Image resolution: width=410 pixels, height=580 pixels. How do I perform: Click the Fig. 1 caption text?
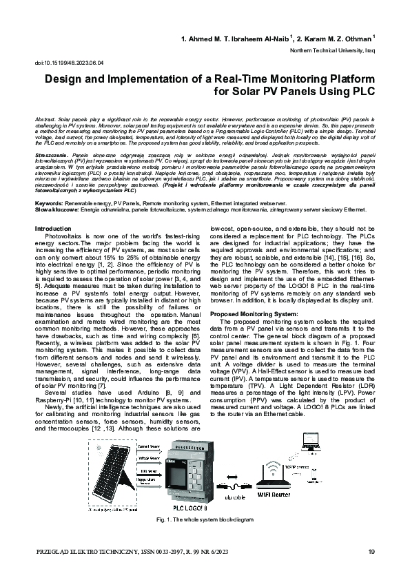pos(205,517)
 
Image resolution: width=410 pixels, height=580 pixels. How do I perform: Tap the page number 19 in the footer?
pos(371,552)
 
